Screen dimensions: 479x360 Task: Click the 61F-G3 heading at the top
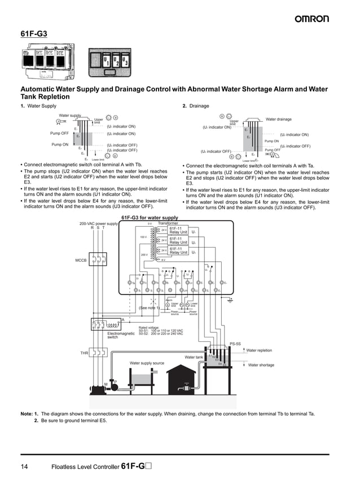tap(34, 34)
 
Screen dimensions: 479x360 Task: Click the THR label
tap(84, 353)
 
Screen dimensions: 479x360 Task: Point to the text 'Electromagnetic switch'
tap(121, 335)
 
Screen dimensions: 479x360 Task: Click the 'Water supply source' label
tap(147, 363)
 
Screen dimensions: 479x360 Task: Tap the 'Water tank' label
tap(194, 357)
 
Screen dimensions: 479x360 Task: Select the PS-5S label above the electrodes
tap(235, 344)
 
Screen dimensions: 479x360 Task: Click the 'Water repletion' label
tap(259, 350)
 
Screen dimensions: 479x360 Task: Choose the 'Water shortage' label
tap(261, 365)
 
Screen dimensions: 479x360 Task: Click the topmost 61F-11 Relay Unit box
tap(178, 230)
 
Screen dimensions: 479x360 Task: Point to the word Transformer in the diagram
tap(168, 223)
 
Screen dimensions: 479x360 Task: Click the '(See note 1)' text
tap(149, 307)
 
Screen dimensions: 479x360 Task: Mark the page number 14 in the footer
tap(24, 467)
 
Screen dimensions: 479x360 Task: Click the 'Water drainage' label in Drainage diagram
tap(278, 119)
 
